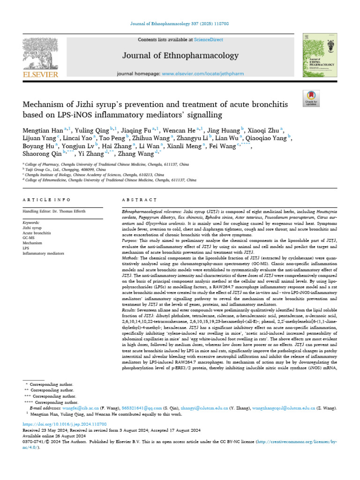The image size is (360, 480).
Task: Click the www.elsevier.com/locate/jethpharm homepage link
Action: coord(202,74)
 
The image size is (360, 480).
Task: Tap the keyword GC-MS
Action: coord(29,238)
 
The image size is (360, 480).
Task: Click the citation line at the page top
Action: coord(180,24)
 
